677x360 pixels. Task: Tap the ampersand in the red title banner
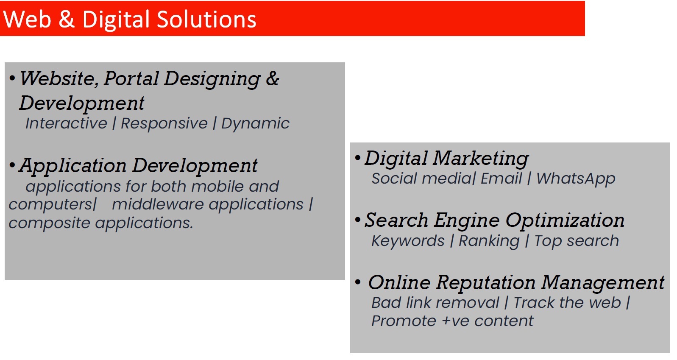(x=66, y=20)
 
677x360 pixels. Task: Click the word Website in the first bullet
(x=59, y=79)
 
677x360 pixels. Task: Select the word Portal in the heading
(x=131, y=79)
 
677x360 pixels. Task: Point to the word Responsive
(x=164, y=123)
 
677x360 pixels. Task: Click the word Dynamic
(x=255, y=123)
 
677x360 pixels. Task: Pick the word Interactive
(x=66, y=123)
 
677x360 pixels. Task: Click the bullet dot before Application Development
(x=12, y=165)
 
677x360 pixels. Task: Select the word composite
(x=49, y=223)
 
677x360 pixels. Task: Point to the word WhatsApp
(x=575, y=179)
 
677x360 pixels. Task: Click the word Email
(x=501, y=179)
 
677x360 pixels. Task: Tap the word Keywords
(x=408, y=241)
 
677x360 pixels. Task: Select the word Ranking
(x=489, y=241)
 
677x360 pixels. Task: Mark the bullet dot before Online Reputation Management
(x=358, y=282)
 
